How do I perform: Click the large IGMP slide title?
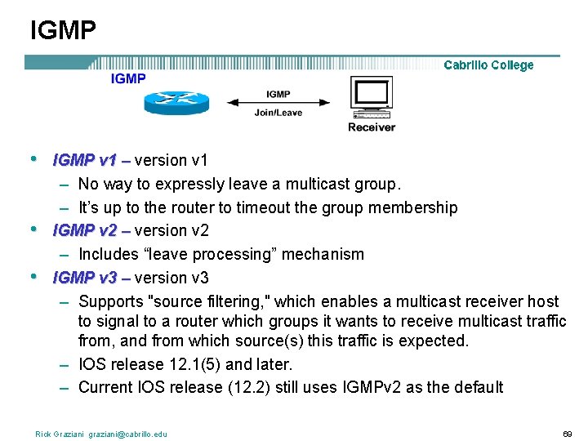(x=63, y=30)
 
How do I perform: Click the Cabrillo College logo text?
(x=488, y=65)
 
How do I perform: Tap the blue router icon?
(x=177, y=101)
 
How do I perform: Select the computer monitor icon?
(x=372, y=97)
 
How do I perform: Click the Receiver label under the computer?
(x=372, y=127)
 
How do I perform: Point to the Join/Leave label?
(x=278, y=114)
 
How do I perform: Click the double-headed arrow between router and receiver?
(x=278, y=103)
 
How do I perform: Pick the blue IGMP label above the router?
(x=128, y=78)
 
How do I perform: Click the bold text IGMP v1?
(x=85, y=161)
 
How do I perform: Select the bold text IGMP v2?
(x=85, y=230)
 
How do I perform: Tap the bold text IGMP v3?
(x=85, y=278)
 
